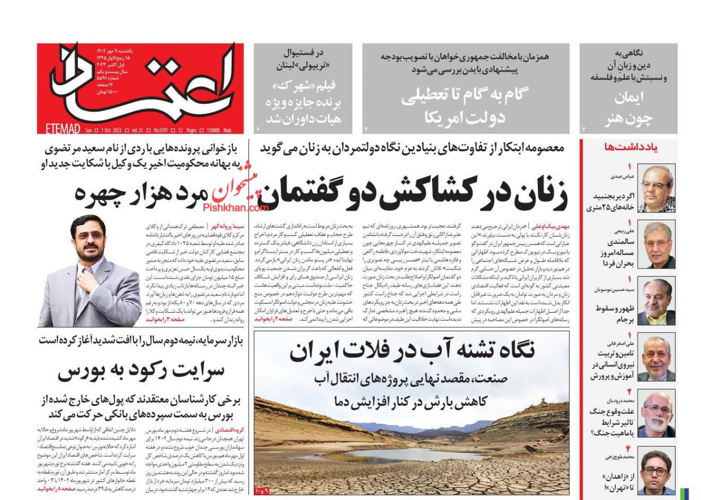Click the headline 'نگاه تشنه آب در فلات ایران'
tap(412, 351)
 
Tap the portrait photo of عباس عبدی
tap(656, 188)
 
